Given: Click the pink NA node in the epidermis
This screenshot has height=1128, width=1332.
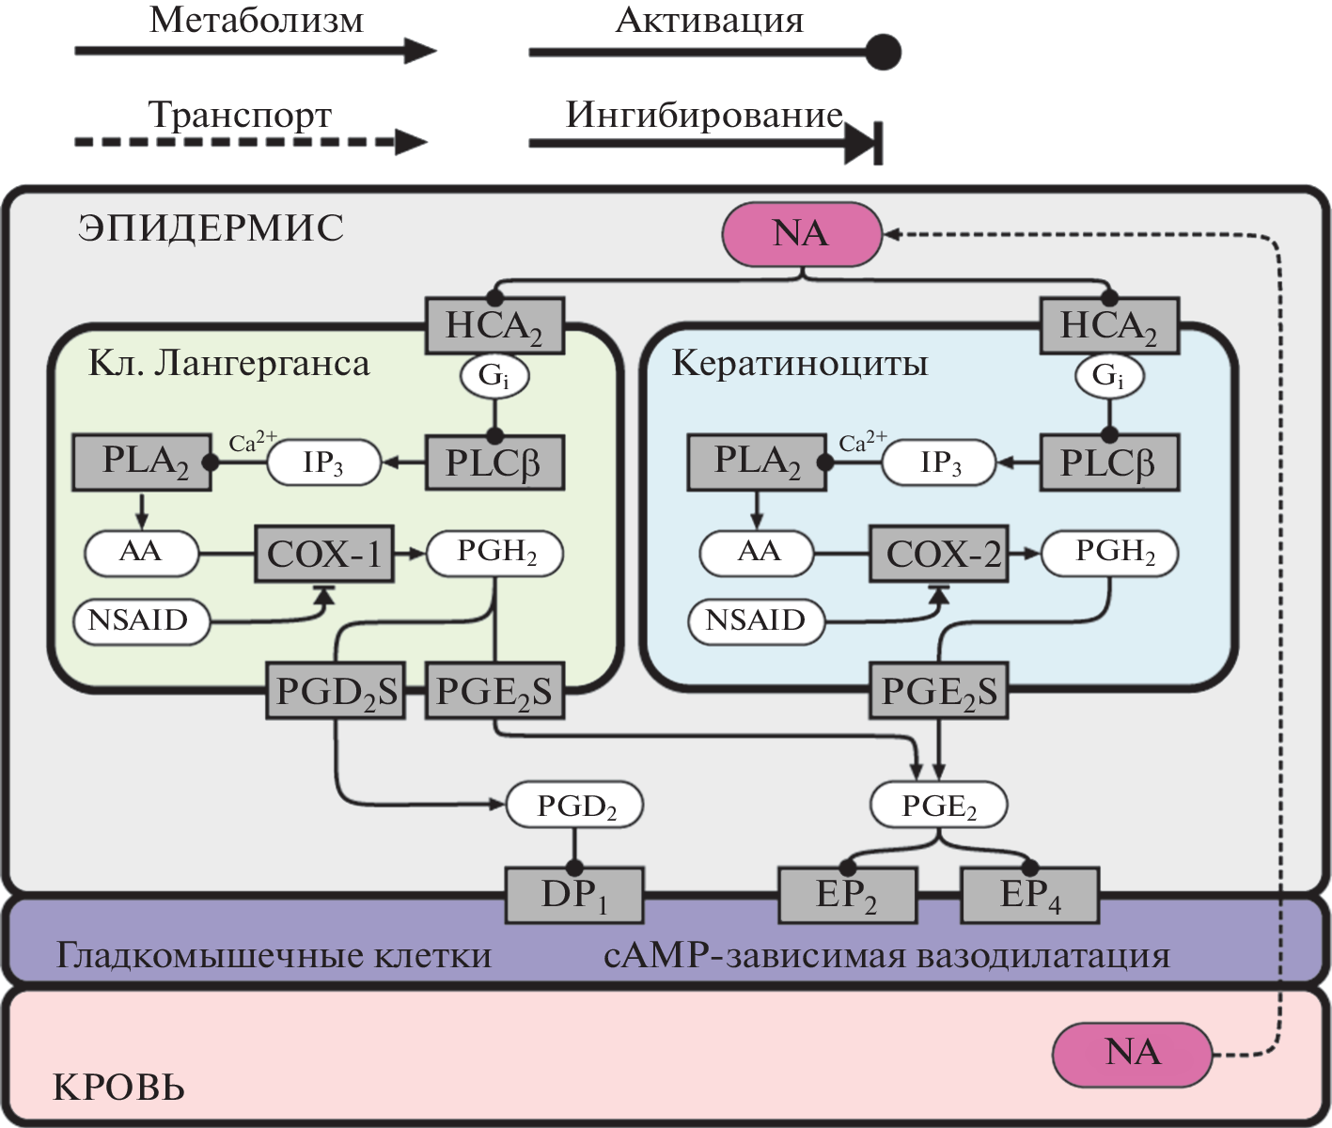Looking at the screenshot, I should [802, 233].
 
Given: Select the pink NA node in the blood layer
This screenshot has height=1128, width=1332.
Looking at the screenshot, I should [1132, 1054].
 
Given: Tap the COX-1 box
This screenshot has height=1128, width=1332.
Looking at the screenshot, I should [324, 554].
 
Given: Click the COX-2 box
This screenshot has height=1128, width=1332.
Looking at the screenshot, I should [939, 554].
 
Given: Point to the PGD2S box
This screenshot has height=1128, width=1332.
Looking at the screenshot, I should [336, 692].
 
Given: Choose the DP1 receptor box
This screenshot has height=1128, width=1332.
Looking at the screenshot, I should [574, 895].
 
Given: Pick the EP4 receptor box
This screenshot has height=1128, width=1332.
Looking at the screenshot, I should [1029, 895].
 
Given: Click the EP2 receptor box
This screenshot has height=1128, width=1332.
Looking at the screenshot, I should [847, 895].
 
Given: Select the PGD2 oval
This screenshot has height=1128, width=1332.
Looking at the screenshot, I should [575, 806].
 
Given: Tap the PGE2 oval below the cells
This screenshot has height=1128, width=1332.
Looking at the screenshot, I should [939, 806].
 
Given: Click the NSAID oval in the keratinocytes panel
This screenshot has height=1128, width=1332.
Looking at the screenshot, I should [757, 621].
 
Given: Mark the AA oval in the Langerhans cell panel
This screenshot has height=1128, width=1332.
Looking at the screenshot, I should [141, 552].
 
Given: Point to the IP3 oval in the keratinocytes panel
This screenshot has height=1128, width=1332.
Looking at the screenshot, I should [939, 462].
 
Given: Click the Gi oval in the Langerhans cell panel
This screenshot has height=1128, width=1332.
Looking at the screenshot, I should [494, 376].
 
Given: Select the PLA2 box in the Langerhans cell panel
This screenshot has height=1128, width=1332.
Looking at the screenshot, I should [142, 462].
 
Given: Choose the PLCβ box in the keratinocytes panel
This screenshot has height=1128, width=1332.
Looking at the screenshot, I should [1108, 462].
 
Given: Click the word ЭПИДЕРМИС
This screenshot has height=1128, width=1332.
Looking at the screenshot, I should [212, 228].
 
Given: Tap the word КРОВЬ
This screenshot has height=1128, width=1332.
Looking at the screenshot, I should [119, 1088].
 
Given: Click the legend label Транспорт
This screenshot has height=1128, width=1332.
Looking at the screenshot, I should [241, 115].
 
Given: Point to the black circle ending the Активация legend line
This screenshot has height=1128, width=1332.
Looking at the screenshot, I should [882, 52].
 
